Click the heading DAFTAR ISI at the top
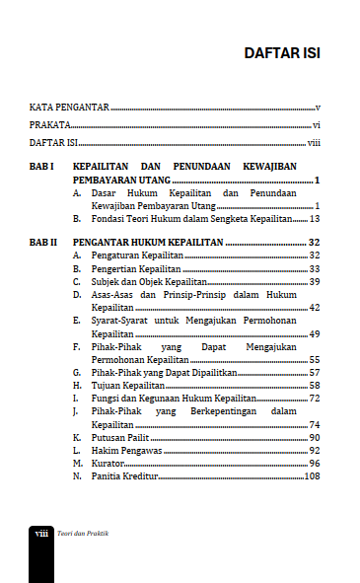click(x=281, y=52)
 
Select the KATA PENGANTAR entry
click(x=68, y=107)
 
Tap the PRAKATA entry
click(x=49, y=125)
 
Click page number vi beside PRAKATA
click(x=317, y=125)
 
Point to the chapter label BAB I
click(x=40, y=168)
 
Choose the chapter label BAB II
click(x=42, y=242)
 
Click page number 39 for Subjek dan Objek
click(x=314, y=282)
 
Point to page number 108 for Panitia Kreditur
click(x=312, y=476)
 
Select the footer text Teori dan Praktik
click(x=83, y=533)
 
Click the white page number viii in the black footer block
click(x=41, y=533)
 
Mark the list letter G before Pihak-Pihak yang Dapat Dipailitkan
click(x=77, y=372)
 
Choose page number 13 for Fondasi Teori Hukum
click(x=315, y=219)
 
